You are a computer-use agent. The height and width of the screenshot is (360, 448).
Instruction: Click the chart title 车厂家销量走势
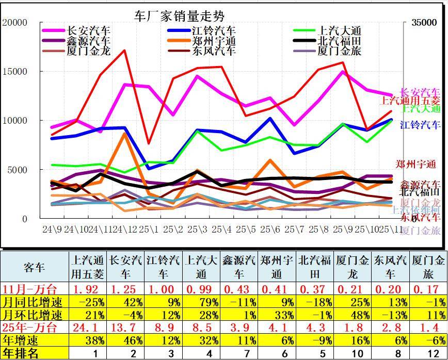tap(179, 16)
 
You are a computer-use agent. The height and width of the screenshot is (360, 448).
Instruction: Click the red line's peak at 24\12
tap(124, 51)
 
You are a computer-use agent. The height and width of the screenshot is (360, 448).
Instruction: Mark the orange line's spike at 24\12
tap(124, 134)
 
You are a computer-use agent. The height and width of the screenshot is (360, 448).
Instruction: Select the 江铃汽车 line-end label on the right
tap(420, 124)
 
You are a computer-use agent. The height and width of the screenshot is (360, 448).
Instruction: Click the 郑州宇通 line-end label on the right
tap(415, 165)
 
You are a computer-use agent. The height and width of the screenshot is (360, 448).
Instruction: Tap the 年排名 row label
tap(21, 353)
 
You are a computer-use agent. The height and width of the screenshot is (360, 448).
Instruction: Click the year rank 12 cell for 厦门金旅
tap(428, 353)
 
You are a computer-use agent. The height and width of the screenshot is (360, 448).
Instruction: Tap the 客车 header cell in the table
tap(35, 267)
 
